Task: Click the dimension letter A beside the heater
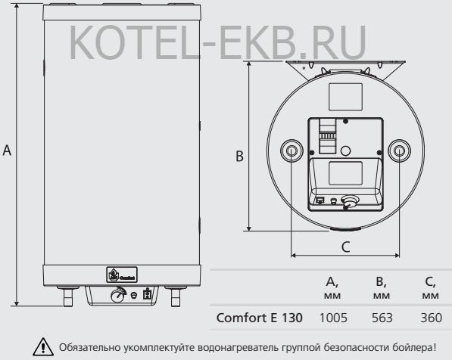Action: pyautogui.click(x=7, y=151)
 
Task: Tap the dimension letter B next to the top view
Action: pyautogui.click(x=239, y=157)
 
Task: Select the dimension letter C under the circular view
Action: pyautogui.click(x=346, y=247)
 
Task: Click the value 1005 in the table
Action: pyautogui.click(x=333, y=318)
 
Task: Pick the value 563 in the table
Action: pyautogui.click(x=382, y=318)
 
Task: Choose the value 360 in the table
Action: pyautogui.click(x=432, y=318)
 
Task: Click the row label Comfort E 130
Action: pyautogui.click(x=260, y=318)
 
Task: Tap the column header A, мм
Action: pyautogui.click(x=332, y=288)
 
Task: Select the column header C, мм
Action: pyautogui.click(x=431, y=288)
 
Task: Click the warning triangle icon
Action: pyautogui.click(x=43, y=346)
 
